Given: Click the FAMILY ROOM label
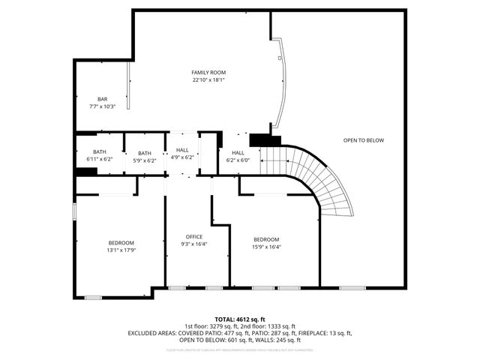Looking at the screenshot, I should [208, 72].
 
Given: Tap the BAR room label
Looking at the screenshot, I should [102, 99].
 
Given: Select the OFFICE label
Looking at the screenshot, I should [194, 236].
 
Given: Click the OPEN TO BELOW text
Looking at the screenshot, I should [364, 140].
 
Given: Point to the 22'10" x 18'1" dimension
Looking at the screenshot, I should [208, 79].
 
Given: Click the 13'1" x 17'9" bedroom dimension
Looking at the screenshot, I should [121, 250].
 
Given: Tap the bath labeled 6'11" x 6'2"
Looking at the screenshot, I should [100, 160].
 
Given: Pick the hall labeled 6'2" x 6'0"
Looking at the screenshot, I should [238, 160].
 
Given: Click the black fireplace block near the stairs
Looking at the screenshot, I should [264, 139].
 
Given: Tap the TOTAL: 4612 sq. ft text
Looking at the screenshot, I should [240, 319].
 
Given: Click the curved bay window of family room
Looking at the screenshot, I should [280, 82].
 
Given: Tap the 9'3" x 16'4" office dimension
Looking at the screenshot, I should [194, 244].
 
